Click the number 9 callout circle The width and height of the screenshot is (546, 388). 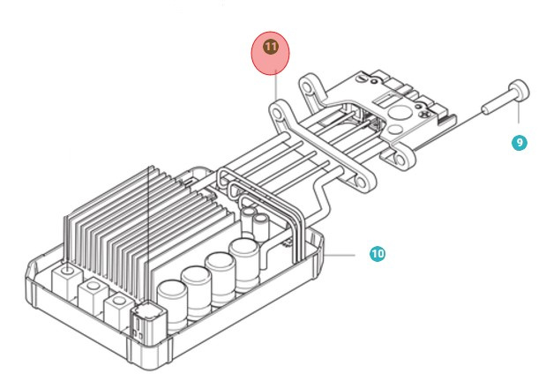(520, 141)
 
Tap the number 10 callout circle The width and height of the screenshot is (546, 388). (377, 254)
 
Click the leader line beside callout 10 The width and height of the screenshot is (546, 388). (349, 254)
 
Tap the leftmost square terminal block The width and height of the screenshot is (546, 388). (67, 280)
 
